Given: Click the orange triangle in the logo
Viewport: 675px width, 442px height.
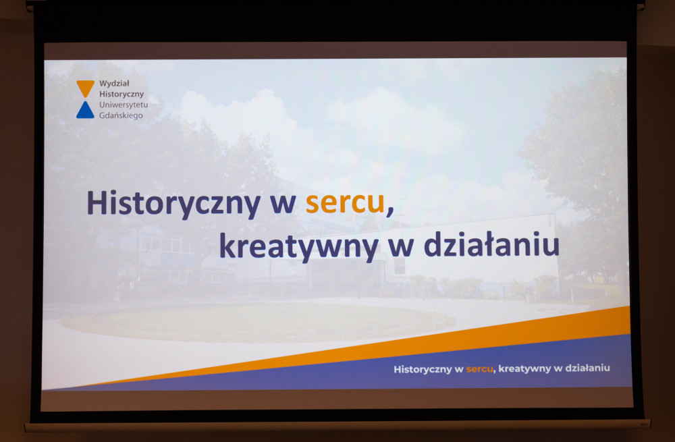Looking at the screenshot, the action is tap(85, 87).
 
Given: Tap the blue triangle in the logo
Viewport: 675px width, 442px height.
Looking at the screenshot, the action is tap(85, 111).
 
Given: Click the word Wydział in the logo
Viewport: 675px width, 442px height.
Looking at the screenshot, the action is tap(114, 83).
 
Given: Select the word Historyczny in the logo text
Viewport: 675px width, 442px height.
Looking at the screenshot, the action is tap(122, 94).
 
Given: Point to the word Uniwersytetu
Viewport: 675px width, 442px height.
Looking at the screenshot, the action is tap(124, 105).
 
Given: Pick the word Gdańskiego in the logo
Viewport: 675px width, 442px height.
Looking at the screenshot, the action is tap(121, 115).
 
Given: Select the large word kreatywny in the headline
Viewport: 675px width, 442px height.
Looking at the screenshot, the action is tap(299, 246).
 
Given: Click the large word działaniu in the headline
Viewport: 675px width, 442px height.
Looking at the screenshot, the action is tap(491, 244).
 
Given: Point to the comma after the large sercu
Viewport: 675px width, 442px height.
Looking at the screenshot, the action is tap(390, 212).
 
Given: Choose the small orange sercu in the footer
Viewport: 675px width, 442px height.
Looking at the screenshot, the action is tap(479, 369).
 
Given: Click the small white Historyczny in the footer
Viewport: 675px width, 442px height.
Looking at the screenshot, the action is tap(423, 370).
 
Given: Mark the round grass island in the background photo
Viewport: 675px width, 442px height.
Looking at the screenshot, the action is tap(259, 322).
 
